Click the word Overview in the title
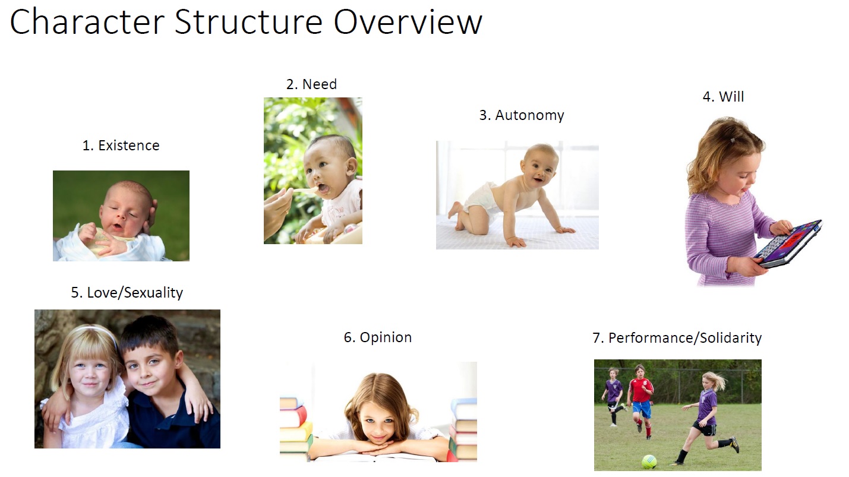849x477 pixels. [x=408, y=21]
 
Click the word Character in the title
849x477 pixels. [x=87, y=21]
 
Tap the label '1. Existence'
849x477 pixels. [x=121, y=146]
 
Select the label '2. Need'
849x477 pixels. [x=311, y=84]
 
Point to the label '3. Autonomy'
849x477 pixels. [x=522, y=115]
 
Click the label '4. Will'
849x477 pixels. [x=723, y=97]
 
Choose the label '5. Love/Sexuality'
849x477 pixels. [x=127, y=293]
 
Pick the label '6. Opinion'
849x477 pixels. [x=377, y=337]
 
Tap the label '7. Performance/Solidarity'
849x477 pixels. [x=677, y=337]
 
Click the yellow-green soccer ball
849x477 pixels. [x=649, y=462]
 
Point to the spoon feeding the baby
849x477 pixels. [x=306, y=189]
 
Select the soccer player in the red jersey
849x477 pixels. [x=640, y=401]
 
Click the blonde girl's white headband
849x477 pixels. [x=99, y=330]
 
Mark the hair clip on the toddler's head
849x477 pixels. [x=733, y=140]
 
